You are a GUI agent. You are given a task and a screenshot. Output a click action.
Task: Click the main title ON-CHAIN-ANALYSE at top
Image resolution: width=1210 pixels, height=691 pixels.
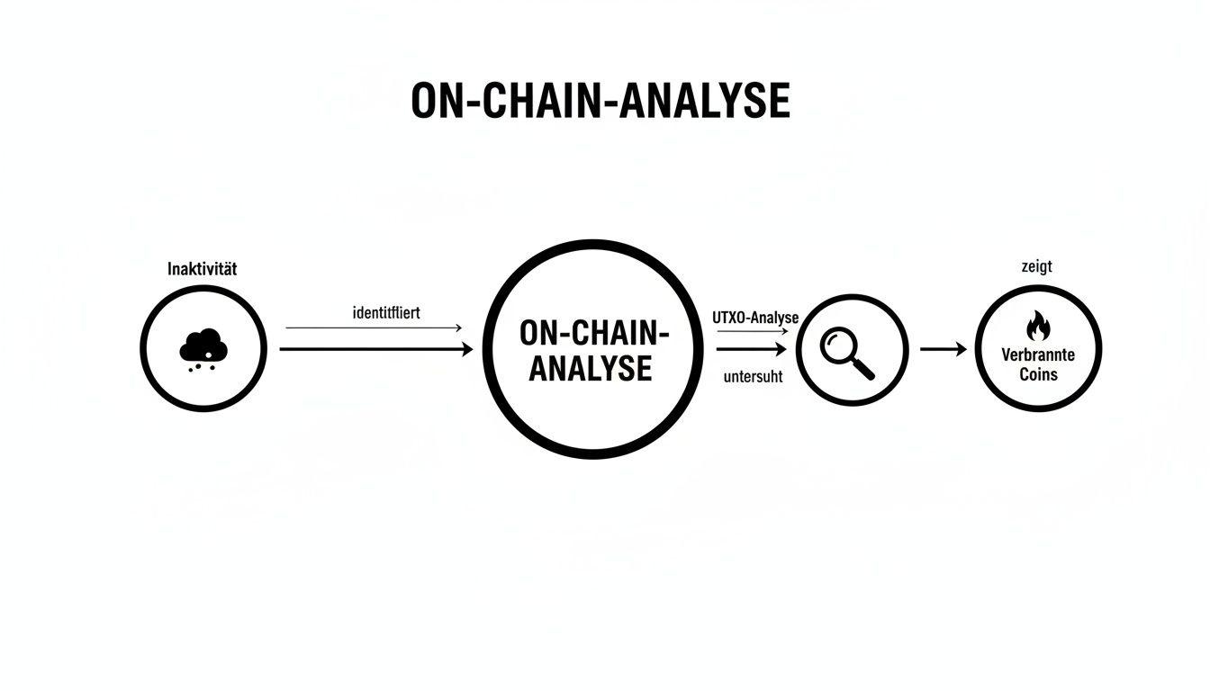[600, 102]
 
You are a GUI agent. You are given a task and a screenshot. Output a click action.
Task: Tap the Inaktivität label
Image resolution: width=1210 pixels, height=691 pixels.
[203, 268]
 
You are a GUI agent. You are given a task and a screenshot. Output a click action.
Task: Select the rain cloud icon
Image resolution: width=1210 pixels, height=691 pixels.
[203, 345]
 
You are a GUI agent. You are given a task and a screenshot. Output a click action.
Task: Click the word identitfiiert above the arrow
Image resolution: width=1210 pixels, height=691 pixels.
[387, 313]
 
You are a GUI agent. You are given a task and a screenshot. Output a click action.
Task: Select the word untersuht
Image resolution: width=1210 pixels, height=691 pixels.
[753, 378]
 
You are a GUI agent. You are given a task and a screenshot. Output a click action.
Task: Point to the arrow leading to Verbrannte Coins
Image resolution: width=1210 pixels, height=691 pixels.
[943, 349]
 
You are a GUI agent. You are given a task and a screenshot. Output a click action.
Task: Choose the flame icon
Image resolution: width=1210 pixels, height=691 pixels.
[1038, 325]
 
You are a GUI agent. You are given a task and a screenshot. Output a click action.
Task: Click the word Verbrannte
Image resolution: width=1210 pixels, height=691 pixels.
[1038, 355]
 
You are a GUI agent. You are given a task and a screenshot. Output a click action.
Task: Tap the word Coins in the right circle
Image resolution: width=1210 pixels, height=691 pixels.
[1038, 374]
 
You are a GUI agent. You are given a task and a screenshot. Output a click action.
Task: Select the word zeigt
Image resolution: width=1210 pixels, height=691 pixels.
[1037, 266]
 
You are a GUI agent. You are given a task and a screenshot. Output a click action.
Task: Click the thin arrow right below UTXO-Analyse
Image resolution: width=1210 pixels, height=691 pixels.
[753, 332]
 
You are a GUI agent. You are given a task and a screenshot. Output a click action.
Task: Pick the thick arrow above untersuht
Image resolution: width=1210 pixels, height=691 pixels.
[753, 349]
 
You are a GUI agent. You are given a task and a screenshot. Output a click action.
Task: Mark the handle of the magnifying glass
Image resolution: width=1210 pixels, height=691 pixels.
[864, 368]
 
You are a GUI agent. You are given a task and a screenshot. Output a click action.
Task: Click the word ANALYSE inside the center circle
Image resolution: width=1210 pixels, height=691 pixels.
[591, 369]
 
